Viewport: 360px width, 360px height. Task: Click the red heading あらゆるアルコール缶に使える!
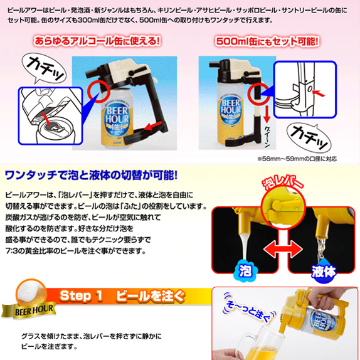[x=97, y=41]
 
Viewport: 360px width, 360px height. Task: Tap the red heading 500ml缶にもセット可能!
[x=267, y=41]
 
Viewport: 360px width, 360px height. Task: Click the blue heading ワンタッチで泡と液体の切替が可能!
[x=91, y=176]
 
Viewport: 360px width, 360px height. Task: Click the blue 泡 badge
[x=245, y=271]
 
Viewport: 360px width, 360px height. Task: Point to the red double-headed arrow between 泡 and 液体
[x=283, y=250]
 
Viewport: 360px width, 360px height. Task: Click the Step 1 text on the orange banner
[x=81, y=296]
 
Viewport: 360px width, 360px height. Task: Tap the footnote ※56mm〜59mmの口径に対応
[x=297, y=159]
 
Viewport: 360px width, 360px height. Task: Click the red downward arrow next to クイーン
[x=267, y=114]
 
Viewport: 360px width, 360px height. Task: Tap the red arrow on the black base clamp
[x=154, y=126]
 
